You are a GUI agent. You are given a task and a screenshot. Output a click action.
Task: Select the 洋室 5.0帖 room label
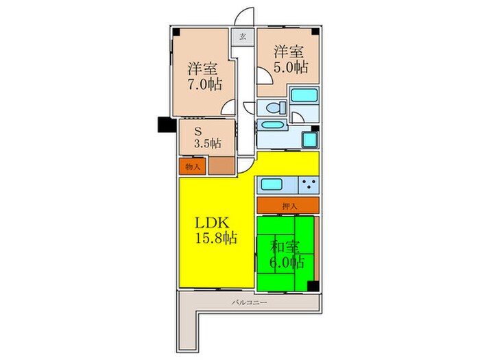[291, 60]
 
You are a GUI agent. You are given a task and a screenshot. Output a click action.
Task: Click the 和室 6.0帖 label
[287, 254]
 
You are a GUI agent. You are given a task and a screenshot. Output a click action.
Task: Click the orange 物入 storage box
[193, 166]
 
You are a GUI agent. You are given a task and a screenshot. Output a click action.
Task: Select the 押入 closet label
[289, 205]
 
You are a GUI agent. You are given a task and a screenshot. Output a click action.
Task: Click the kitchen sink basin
[271, 184]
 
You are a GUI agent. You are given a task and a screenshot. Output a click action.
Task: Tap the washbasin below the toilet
[273, 126]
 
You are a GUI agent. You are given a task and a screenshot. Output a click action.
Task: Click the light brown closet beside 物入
[221, 166]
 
